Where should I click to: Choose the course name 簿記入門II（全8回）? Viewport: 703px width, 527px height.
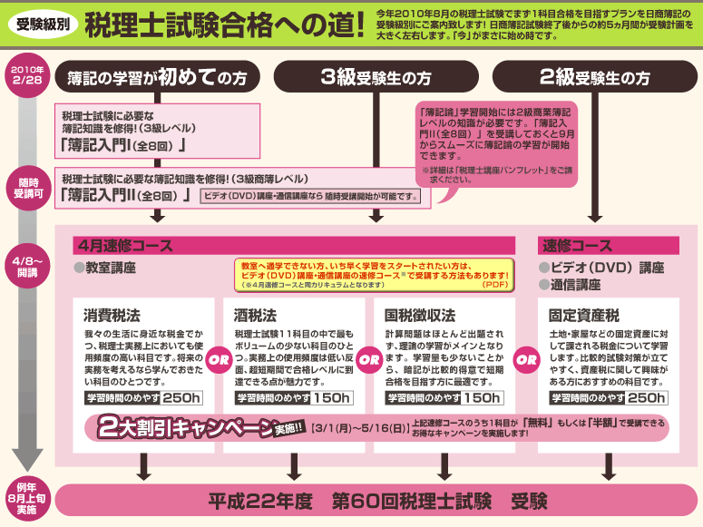(x=125, y=195)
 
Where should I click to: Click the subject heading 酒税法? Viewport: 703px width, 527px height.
(x=256, y=317)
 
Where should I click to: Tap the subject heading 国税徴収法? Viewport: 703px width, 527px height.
(x=419, y=317)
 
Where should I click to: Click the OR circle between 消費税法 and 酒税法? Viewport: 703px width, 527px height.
(x=220, y=357)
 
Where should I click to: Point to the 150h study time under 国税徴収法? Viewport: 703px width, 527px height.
(x=482, y=397)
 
